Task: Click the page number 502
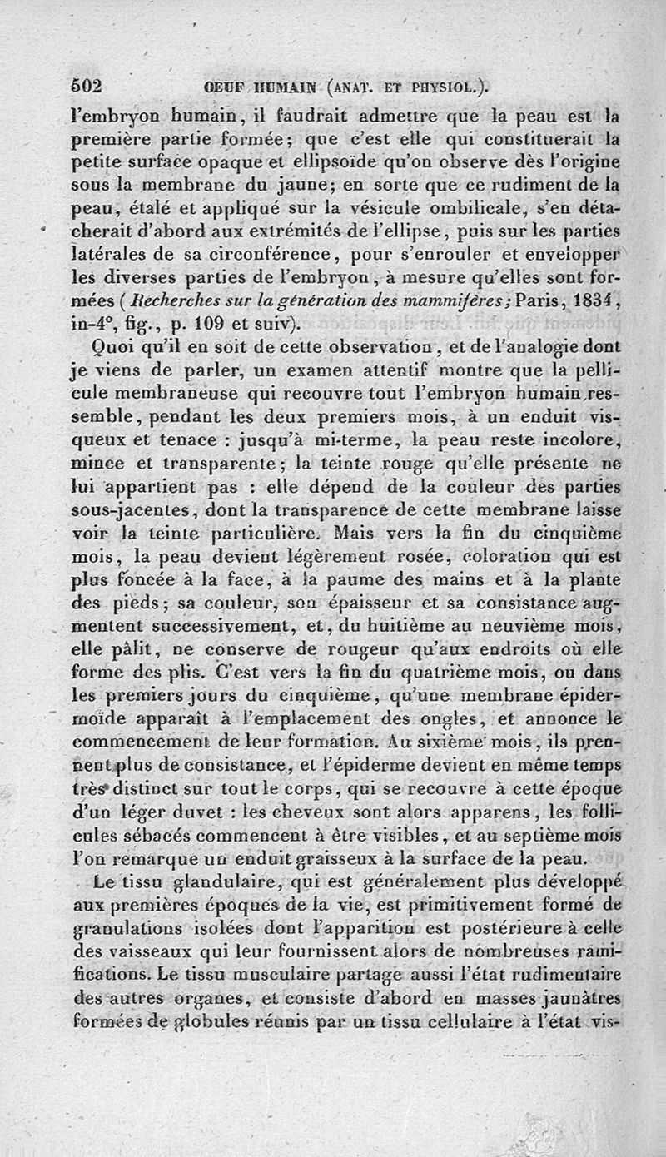(x=87, y=86)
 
